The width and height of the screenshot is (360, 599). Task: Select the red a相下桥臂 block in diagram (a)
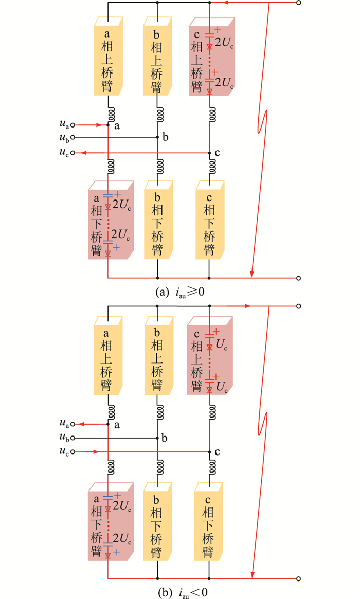tap(110, 220)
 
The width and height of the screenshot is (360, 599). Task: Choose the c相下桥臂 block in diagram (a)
tap(209, 220)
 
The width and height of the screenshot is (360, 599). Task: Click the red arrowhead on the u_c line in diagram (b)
tap(96, 452)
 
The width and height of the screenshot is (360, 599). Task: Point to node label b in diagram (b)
tap(165, 438)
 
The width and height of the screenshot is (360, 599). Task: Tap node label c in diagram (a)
tap(218, 153)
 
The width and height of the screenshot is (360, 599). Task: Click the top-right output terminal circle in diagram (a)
tap(299, 3)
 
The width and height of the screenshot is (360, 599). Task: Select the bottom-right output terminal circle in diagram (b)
tap(299, 578)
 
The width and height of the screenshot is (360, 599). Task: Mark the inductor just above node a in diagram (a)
tap(109, 113)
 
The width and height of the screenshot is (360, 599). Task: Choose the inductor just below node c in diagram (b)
tap(210, 466)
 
